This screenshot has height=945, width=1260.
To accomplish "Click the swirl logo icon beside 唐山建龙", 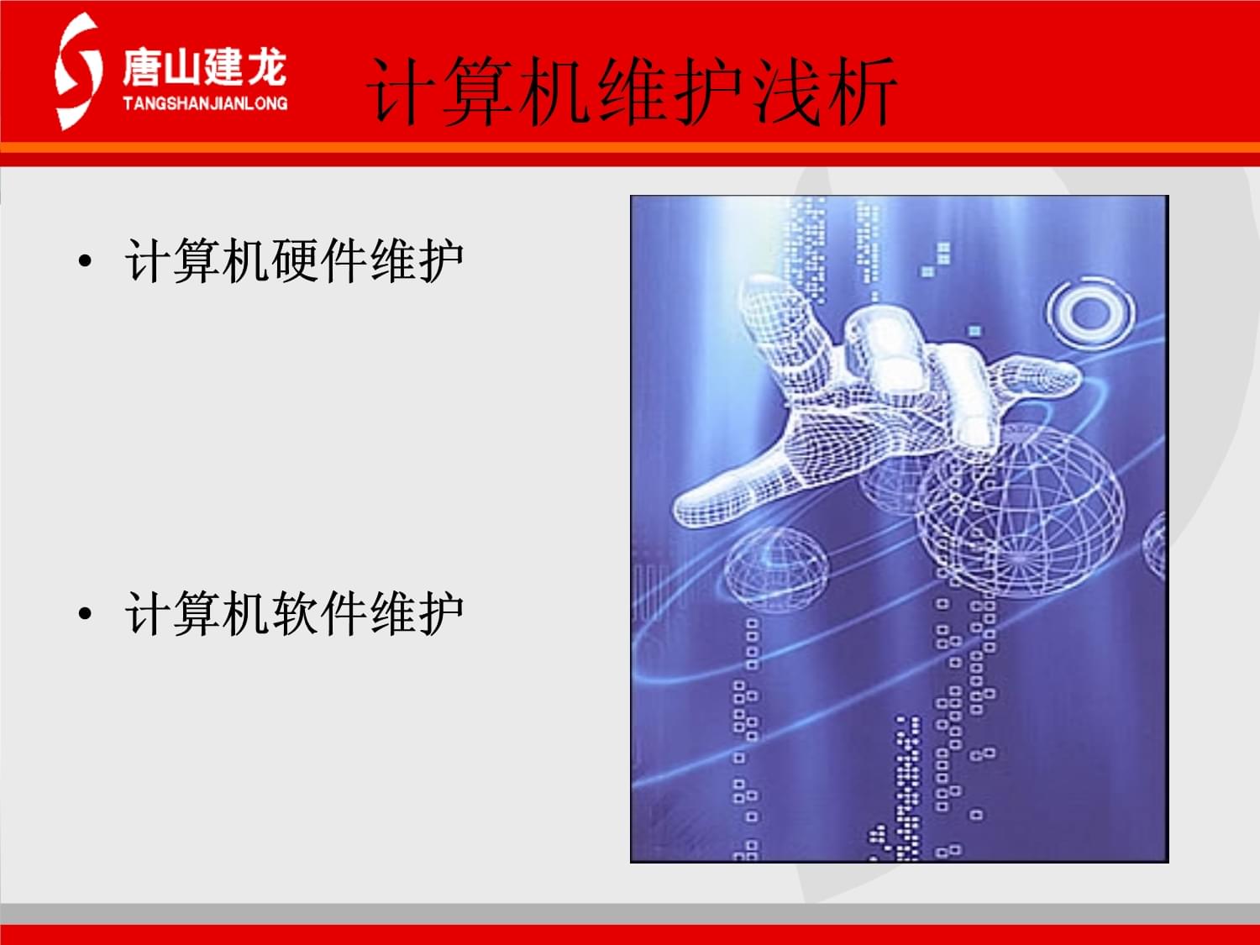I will (77, 72).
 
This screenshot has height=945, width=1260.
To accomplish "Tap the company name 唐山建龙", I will (204, 67).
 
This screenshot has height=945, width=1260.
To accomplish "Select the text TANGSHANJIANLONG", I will (205, 103).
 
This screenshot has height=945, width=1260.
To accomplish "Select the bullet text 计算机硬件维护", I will (294, 260).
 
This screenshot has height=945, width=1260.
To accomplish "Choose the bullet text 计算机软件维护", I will (294, 613).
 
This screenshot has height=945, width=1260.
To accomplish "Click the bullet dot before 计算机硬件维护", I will (84, 261).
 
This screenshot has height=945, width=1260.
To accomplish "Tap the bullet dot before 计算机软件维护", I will (84, 614).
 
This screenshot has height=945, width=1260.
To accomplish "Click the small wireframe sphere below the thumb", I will (776, 567).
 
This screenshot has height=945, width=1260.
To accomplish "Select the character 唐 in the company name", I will (141, 67).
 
